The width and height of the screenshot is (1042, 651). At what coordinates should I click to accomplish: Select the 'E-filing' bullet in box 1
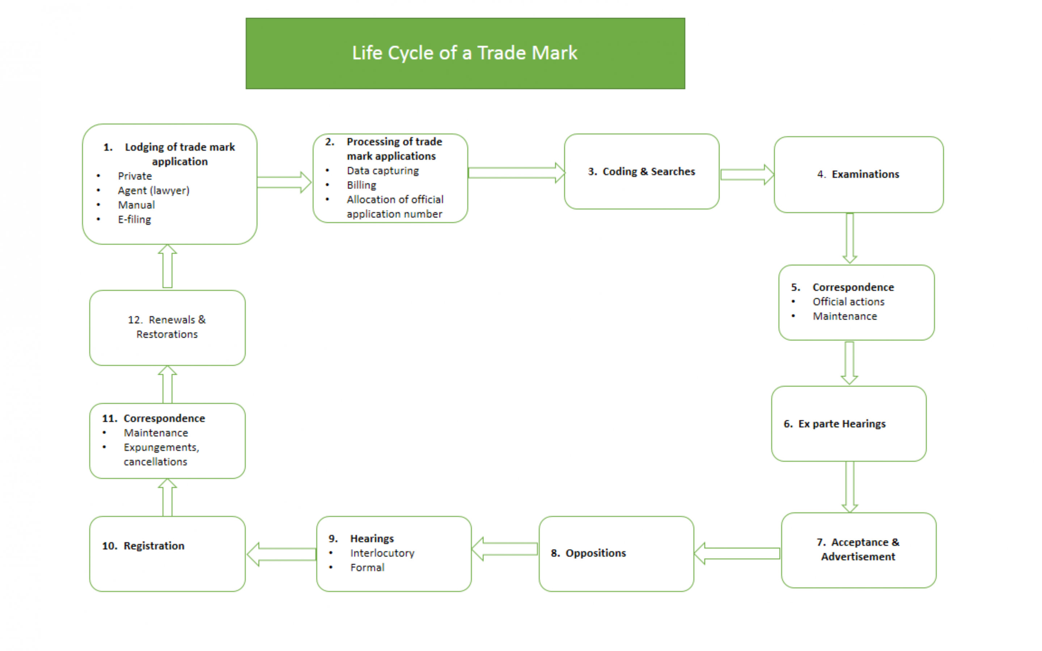point(134,220)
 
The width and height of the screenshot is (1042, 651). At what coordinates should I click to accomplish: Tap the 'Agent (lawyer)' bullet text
point(153,190)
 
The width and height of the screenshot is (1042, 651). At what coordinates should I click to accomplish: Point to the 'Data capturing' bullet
point(382,170)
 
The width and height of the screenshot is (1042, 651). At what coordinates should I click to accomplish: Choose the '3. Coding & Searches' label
point(641,171)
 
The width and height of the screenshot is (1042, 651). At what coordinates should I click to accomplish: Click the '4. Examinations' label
point(858,174)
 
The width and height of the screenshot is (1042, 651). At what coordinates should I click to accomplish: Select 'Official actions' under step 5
point(848,302)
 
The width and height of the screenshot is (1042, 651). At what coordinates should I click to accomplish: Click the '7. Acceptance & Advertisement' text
point(858,549)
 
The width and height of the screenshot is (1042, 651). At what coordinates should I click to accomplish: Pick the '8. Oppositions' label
point(588,553)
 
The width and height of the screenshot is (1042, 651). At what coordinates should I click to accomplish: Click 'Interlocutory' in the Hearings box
point(382,553)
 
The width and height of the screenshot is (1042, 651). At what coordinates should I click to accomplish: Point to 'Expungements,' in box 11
point(161,447)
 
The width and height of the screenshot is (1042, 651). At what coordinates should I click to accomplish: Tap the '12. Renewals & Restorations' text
point(167,327)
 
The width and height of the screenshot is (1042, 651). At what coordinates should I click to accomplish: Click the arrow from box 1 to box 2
point(283,182)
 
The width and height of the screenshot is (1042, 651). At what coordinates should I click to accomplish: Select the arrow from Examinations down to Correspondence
point(850,238)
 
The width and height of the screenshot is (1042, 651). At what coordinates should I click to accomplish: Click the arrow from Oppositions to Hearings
point(505,549)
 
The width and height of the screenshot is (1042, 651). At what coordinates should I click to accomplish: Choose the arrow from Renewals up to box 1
point(167,267)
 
